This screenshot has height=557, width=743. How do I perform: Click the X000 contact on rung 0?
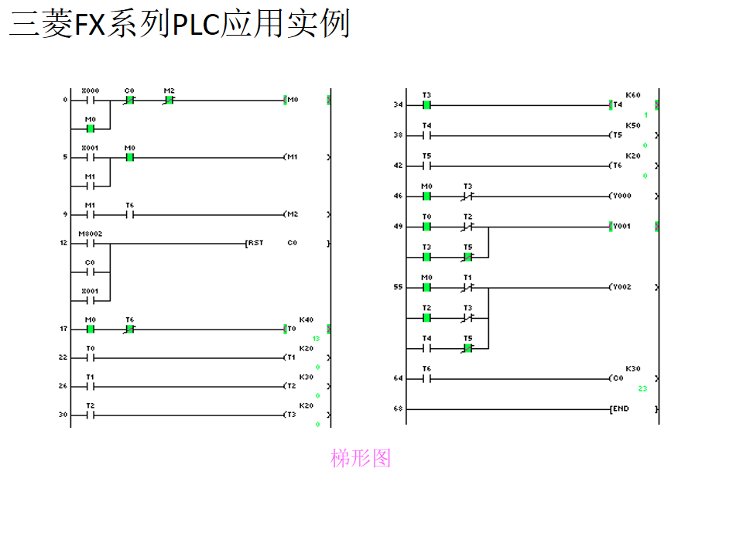pos(90,100)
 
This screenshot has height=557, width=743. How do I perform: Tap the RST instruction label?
pos(255,243)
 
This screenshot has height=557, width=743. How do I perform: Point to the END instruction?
pos(620,408)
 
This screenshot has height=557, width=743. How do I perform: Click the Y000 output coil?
pos(620,196)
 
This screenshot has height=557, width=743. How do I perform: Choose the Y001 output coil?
pos(620,227)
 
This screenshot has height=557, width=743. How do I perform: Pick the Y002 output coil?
pos(620,287)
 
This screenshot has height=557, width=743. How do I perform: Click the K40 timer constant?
pos(306,320)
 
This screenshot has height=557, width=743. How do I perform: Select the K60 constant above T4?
pos(633,95)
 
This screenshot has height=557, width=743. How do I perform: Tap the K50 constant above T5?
pos(633,125)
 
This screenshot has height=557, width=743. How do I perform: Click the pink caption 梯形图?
pos(361,459)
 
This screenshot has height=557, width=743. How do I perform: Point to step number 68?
pos(398,408)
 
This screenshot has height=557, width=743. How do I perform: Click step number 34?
pos(398,104)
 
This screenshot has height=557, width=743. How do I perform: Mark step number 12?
pos(64,244)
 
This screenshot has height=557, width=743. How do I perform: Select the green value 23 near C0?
pos(642,388)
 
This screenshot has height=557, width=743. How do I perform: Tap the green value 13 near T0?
pos(316,339)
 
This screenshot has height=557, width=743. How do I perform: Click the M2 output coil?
pos(292,214)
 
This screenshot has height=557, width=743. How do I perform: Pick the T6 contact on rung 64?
pos(426,378)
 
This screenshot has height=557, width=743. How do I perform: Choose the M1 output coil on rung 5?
pos(292,157)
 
